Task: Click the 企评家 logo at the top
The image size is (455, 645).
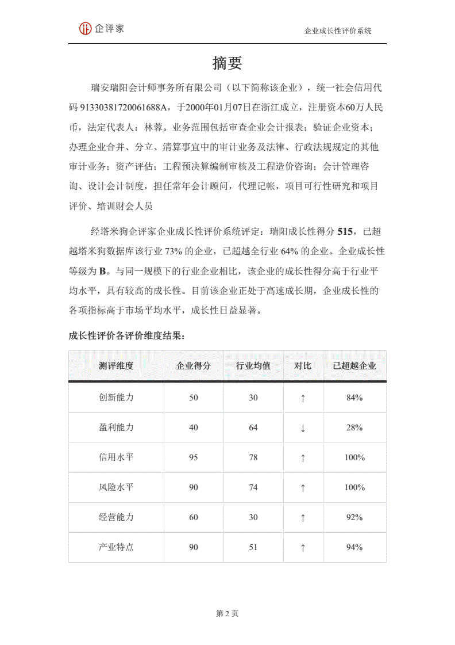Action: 102,28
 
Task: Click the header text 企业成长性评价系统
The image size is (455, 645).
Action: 338,31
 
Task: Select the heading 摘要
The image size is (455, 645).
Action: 227,63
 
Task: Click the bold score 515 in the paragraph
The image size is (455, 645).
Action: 345,232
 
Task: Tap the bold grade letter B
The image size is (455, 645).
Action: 103,271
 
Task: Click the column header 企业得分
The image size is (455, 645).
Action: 194,366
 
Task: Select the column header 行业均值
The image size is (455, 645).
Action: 253,366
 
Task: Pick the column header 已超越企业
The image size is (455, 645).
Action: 354,366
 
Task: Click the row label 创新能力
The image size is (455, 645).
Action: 116,398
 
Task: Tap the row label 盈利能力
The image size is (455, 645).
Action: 116,428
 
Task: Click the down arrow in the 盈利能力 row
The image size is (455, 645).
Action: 303,428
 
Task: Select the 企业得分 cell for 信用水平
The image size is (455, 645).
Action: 194,457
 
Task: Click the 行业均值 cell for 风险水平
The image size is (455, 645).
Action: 253,487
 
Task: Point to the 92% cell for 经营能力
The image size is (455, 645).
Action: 354,517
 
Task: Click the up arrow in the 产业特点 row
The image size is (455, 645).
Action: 303,548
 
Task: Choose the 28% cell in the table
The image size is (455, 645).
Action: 354,428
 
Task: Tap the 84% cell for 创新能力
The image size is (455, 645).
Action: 354,398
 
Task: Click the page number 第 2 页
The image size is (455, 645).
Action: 227,613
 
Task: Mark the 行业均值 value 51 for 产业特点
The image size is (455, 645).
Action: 253,547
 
